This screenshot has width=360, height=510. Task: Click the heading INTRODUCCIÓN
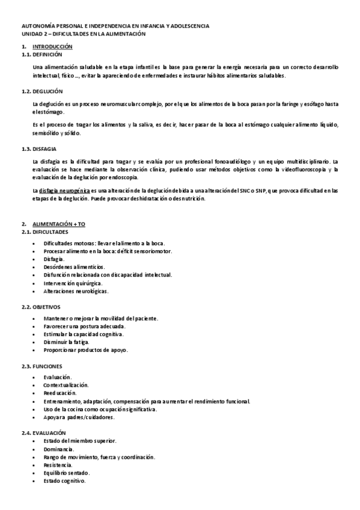pos(52,46)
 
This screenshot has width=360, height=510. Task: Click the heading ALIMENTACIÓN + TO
pos(59,224)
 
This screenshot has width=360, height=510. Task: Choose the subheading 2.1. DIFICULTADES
pos(45,232)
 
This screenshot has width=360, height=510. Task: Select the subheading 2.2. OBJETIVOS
pos(41,307)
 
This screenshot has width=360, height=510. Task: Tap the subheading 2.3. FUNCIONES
pos(41,366)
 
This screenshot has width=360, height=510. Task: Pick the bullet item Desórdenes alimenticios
pos(74,266)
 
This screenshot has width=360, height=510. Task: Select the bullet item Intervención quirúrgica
pos(73,283)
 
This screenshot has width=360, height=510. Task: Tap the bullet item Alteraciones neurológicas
pos(76,290)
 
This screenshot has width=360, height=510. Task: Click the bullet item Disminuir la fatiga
pos(67,342)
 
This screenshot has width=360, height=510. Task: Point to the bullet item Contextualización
pos(66,385)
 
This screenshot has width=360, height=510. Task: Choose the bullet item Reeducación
pos(56,393)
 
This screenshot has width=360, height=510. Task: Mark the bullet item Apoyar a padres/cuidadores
pos(79,417)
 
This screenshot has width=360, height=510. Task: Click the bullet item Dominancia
pos(58,449)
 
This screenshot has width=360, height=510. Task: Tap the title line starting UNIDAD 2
pos(84,34)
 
